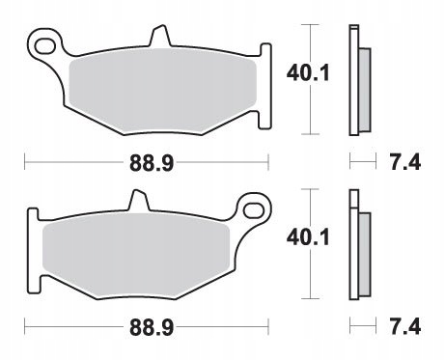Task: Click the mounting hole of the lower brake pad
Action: click(x=257, y=208)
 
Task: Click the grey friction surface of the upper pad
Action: click(x=159, y=92)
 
